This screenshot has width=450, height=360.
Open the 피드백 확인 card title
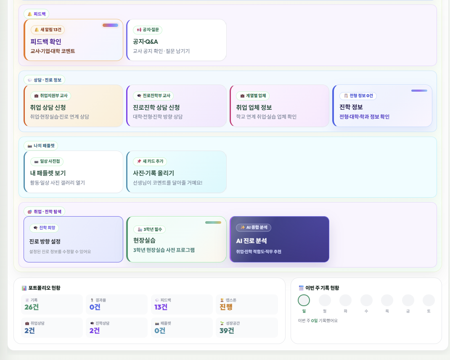tap(46, 42)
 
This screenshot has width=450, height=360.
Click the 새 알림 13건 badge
tap(48, 29)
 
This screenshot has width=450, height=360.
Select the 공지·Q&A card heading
tap(145, 42)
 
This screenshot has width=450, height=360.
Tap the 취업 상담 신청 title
tap(48, 107)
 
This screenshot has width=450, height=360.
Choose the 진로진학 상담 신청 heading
tap(156, 107)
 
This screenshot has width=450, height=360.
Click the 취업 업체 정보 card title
tap(254, 107)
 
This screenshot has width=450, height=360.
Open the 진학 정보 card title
tap(351, 107)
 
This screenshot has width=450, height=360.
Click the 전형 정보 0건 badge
tap(358, 95)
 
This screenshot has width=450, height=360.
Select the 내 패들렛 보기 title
tap(48, 173)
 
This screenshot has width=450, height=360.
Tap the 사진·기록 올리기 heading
tap(154, 173)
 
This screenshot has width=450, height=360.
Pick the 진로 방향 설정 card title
tap(45, 241)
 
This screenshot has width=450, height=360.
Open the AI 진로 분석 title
tap(251, 241)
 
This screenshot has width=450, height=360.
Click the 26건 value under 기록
tap(32, 307)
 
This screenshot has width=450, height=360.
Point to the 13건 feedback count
tap(161, 307)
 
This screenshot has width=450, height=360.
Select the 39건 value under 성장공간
tap(227, 331)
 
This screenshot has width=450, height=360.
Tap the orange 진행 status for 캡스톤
tap(226, 307)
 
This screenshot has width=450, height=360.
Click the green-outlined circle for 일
tap(304, 295)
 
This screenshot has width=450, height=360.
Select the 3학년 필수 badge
tap(150, 229)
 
